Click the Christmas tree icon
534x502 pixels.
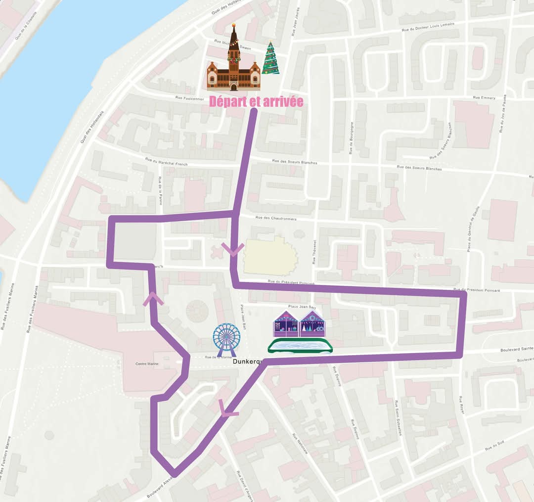(270, 58)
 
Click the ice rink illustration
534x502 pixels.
(300, 346)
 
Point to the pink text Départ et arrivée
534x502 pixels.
(256, 101)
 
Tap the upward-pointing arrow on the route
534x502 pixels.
(153, 299)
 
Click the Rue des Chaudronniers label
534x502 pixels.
(276, 218)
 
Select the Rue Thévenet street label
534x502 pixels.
(314, 252)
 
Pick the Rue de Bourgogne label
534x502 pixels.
(351, 138)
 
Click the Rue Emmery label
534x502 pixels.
(484, 98)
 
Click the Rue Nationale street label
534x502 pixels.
(300, 444)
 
